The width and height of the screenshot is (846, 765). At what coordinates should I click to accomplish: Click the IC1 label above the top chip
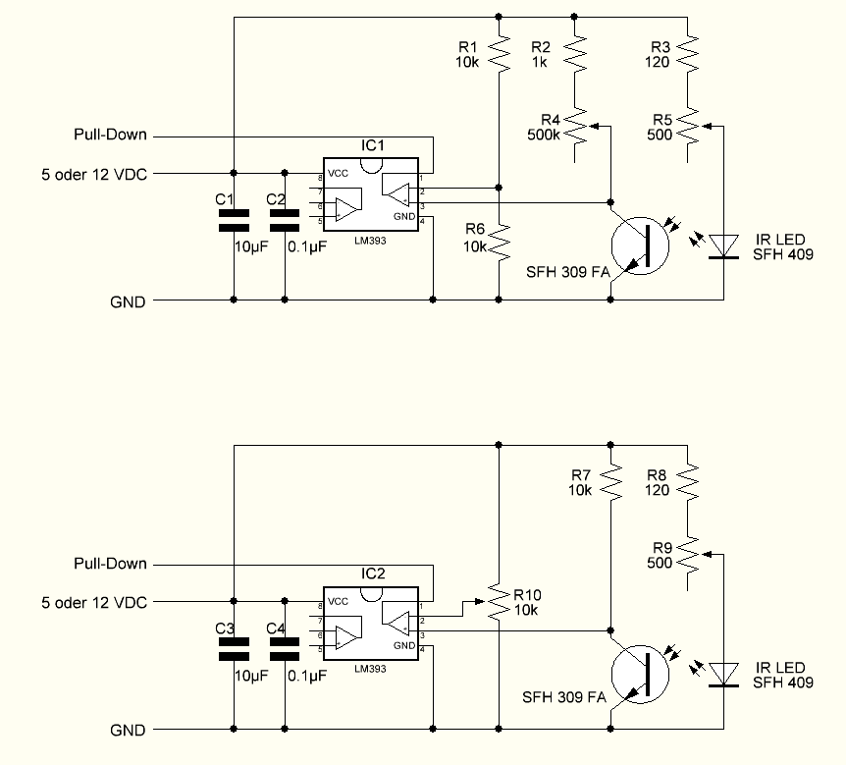pos(373,146)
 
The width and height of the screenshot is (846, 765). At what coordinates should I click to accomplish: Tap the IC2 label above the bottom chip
pos(373,574)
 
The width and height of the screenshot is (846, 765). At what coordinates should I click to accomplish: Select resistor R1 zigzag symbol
pos(500,55)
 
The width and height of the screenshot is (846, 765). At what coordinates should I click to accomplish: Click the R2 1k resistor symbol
pos(578,55)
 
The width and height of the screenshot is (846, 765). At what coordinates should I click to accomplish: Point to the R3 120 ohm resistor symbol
pos(690,55)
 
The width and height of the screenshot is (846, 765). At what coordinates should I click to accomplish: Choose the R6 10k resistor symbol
pos(500,238)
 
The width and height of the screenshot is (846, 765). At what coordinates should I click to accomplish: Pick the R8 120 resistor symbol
pos(690,481)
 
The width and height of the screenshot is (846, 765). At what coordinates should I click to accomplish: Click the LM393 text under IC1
pos(372,239)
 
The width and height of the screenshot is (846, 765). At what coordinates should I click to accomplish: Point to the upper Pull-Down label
pos(110,135)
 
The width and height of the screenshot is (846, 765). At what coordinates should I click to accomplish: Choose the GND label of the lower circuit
pos(128,730)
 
